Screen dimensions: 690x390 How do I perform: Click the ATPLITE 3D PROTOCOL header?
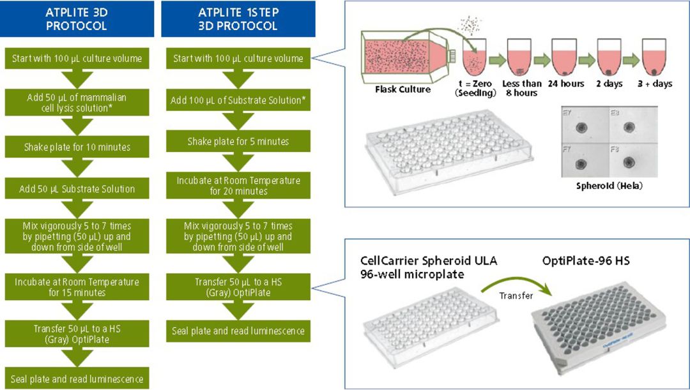(77, 19)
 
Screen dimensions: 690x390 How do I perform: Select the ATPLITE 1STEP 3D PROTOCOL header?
(238, 19)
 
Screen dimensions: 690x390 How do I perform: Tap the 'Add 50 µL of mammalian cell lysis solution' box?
(77, 103)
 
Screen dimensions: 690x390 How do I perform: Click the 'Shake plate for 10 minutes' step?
(77, 147)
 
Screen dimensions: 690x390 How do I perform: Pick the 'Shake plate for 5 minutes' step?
(238, 141)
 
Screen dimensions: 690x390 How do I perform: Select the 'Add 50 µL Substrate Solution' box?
(77, 189)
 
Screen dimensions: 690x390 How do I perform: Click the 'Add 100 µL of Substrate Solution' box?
(238, 100)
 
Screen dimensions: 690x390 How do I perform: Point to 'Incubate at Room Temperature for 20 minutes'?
(238, 186)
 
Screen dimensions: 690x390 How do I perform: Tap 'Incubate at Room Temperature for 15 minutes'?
(77, 287)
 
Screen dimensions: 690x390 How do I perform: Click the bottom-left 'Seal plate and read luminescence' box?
(77, 379)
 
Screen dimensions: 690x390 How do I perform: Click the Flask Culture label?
(402, 89)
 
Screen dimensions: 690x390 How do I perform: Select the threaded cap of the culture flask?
(451, 56)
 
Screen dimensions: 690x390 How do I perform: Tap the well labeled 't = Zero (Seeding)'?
(474, 57)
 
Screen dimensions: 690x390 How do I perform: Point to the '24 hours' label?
(566, 84)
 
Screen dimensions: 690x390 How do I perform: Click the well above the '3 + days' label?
(654, 57)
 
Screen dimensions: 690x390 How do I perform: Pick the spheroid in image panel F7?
(581, 165)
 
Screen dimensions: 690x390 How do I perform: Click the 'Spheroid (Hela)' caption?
(609, 186)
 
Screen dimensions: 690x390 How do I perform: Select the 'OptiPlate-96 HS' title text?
(586, 260)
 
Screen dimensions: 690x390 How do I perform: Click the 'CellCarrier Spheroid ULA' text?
(429, 260)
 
